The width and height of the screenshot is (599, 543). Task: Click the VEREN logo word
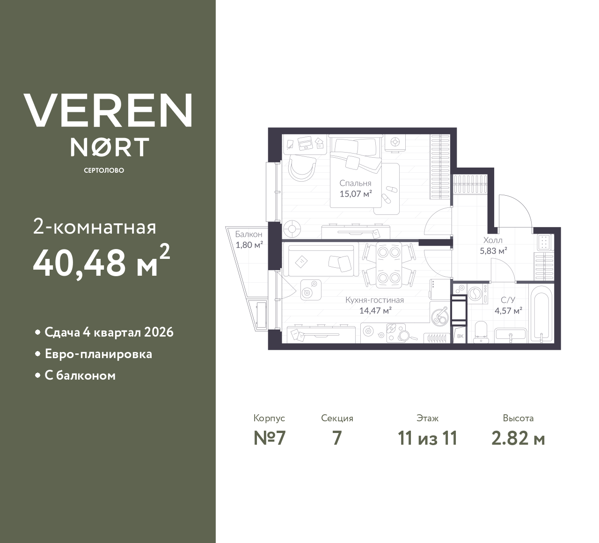(108, 110)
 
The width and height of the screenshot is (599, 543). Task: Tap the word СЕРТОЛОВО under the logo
(104, 170)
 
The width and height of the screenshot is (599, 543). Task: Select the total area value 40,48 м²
(101, 262)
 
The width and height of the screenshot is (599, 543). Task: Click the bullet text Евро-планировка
(98, 354)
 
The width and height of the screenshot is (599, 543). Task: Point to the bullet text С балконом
(80, 375)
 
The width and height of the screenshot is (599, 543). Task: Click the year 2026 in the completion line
(159, 332)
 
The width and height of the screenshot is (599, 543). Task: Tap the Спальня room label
(355, 183)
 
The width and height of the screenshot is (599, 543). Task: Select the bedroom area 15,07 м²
(355, 194)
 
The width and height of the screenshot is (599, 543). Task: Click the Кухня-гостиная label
(374, 300)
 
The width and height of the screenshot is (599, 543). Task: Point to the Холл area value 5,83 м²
(493, 250)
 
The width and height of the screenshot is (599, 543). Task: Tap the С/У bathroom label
(508, 300)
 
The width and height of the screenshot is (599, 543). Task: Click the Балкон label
(248, 234)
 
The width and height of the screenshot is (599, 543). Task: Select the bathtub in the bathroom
(541, 314)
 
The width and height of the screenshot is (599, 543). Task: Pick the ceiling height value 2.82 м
(518, 438)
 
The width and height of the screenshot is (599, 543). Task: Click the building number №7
(269, 438)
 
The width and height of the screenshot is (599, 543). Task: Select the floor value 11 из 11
(427, 438)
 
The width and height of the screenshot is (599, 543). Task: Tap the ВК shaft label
(460, 336)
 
